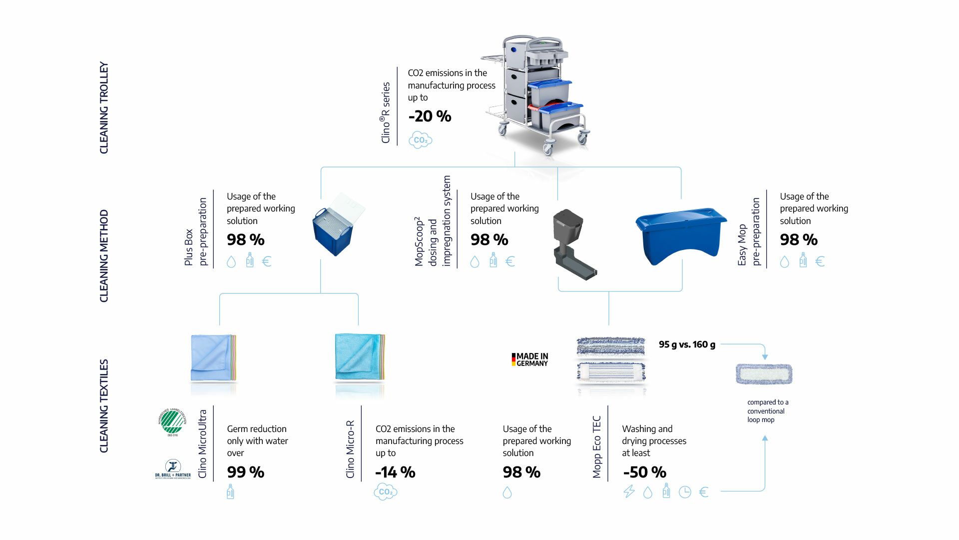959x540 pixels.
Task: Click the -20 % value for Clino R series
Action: click(x=430, y=116)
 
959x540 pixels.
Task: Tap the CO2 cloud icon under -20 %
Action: click(x=420, y=140)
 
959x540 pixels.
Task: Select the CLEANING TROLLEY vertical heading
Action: click(x=104, y=107)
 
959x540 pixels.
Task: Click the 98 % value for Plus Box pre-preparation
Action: click(x=245, y=240)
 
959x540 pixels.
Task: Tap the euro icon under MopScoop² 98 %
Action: click(x=510, y=261)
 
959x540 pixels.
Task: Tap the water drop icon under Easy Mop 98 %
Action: click(x=784, y=261)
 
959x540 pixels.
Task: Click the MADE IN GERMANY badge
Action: click(x=529, y=359)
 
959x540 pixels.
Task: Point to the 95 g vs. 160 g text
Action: click(x=687, y=344)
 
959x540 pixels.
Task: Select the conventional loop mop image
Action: click(x=764, y=374)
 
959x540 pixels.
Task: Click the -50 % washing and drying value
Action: click(x=644, y=472)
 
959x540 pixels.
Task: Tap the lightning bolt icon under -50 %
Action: click(x=629, y=492)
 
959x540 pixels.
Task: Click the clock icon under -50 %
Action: click(x=685, y=492)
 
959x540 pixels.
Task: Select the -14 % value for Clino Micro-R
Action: click(x=395, y=472)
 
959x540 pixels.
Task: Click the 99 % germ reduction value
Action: click(x=245, y=472)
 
